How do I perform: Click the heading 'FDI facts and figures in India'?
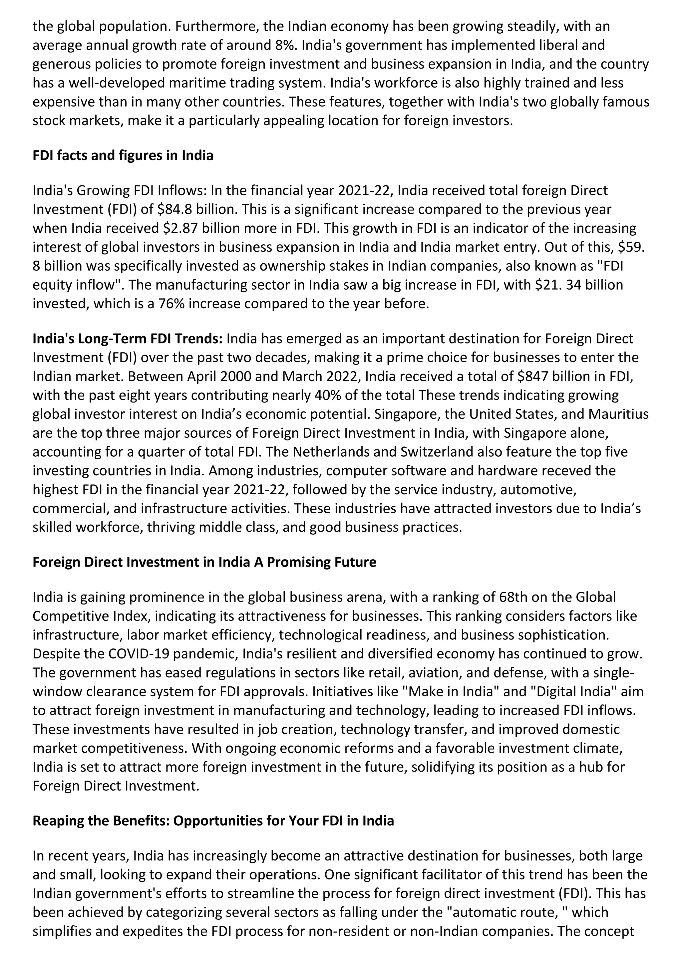coord(123,155)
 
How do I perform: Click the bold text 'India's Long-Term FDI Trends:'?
coord(128,339)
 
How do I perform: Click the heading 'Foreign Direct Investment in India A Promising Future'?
coord(204,562)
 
